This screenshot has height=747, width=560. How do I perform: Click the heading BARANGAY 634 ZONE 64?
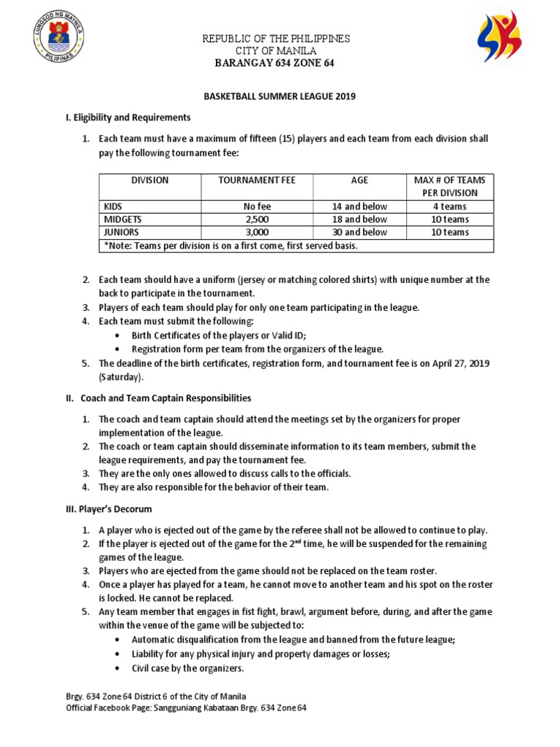pos(276,63)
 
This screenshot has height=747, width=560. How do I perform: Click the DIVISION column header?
pos(149,180)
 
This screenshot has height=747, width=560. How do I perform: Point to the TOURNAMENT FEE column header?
pos(257,180)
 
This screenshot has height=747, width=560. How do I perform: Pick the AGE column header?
pos(359,180)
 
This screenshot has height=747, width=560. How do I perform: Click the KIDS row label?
pos(114,206)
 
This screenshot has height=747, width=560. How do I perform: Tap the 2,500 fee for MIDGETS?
pos(257,220)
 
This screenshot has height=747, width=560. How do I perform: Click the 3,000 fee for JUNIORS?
pos(257,233)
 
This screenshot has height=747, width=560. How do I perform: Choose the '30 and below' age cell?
pos(359,233)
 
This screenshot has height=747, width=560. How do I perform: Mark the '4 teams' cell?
pos(449,206)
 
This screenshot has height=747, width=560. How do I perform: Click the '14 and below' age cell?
pos(359,206)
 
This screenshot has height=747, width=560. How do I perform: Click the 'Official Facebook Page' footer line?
pos(186,708)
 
